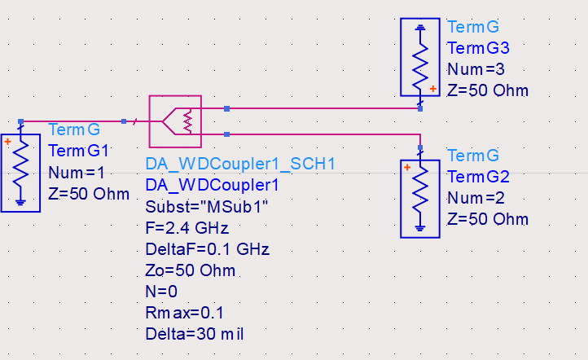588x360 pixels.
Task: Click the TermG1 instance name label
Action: coord(78,151)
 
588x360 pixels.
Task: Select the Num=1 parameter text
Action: coord(77,173)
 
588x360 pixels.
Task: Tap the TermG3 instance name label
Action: coord(479,48)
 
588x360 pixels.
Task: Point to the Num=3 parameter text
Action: coord(476,69)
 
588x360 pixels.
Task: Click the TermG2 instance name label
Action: coord(479,177)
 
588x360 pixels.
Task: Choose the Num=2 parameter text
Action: coord(476,198)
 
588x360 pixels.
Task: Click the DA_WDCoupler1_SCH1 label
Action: coord(240,164)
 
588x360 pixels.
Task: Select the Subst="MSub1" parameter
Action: coord(207,207)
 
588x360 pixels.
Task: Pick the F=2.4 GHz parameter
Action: coord(187,228)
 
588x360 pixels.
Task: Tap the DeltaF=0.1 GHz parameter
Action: coord(208,249)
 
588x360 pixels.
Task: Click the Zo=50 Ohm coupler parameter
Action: coord(191,270)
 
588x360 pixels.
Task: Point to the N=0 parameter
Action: coord(161,292)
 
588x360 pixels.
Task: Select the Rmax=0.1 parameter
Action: coord(185,313)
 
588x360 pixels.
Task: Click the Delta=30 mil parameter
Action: coord(195,334)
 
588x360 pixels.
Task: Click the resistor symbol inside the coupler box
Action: coord(188,121)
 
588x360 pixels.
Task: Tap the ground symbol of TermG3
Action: coord(420,27)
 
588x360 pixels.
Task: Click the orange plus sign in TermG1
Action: coord(8,142)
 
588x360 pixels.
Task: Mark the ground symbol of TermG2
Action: coord(420,228)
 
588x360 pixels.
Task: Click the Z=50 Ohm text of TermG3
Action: coord(488,90)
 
